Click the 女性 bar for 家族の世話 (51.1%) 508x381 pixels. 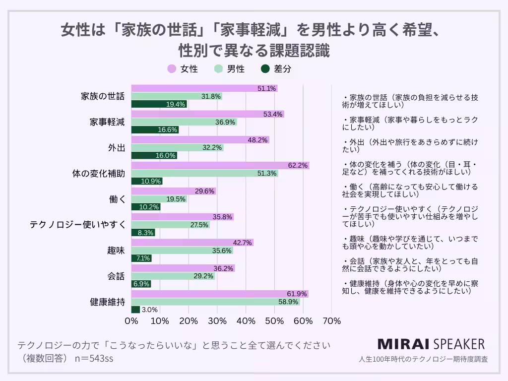click(204, 88)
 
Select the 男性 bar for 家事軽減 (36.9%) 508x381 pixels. click(184, 122)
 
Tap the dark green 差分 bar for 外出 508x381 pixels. click(154, 155)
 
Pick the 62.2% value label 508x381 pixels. click(299, 165)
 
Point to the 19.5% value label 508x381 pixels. click(176, 199)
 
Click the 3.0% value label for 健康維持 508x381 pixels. click(149, 310)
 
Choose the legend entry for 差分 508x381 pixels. click(276, 69)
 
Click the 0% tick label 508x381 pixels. click(131, 321)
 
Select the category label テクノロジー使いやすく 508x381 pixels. click(77, 225)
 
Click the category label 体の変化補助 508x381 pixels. click(98, 174)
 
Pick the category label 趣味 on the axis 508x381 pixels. click(116, 250)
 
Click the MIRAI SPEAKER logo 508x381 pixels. click(431, 344)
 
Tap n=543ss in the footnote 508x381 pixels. click(94, 358)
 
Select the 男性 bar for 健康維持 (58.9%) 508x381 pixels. click(215, 302)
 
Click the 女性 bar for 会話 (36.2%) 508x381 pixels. click(183, 268)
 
